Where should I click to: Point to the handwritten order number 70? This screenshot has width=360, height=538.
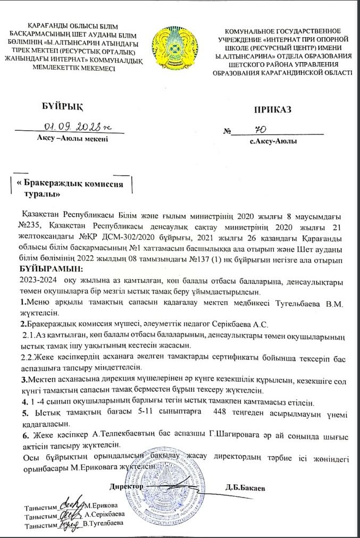(260, 130)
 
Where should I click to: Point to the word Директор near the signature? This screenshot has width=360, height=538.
(126, 486)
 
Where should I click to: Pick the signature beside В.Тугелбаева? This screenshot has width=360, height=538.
(70, 524)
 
